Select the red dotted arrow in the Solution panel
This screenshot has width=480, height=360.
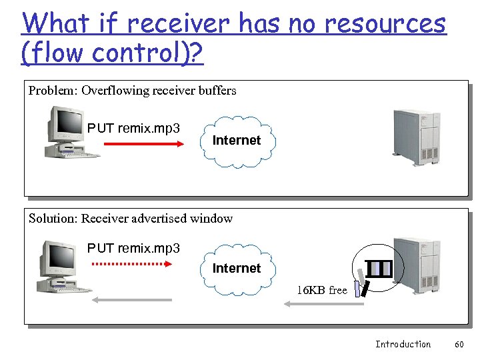coord(131,264)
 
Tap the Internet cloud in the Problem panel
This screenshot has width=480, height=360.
coord(236,141)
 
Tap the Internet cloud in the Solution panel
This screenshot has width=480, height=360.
coord(236,269)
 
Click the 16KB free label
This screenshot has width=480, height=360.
coord(322,291)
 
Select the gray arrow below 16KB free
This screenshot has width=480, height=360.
coord(324,304)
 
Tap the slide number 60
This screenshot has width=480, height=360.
coord(459,344)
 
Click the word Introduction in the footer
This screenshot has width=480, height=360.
coord(403,344)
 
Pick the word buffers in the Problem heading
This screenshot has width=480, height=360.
coord(217,91)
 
